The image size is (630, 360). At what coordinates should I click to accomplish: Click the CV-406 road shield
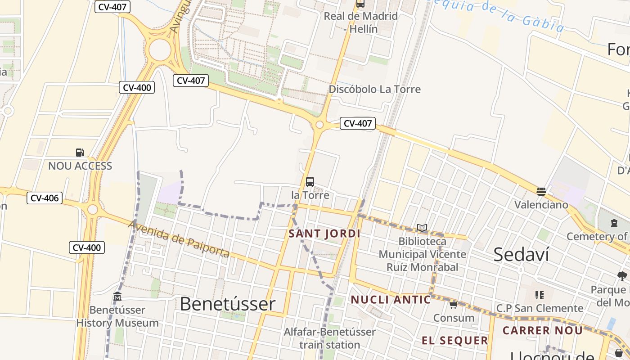point(44,198)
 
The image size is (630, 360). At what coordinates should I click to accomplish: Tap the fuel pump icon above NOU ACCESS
point(80,153)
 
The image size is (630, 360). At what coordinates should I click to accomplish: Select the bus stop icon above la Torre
point(310,182)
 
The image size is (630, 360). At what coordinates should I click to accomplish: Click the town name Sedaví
point(521,255)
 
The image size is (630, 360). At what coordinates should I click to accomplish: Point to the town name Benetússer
point(227,304)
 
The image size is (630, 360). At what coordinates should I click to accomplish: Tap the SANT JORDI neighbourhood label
point(324,234)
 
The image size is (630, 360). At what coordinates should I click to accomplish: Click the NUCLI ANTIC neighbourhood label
point(391,300)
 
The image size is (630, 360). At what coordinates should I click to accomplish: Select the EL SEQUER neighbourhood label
point(454,341)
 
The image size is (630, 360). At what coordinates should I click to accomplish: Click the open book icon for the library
point(422,228)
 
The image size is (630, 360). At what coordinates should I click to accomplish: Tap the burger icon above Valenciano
point(541,192)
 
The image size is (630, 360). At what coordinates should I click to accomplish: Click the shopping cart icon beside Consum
point(453,305)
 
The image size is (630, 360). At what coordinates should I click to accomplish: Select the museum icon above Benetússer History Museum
point(117,297)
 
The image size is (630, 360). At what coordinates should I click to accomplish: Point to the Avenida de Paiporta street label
point(179,239)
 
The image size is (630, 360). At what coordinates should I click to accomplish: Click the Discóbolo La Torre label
point(374,89)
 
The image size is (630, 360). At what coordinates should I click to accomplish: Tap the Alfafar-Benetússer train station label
point(329,338)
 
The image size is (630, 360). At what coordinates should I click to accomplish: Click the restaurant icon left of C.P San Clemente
point(540,295)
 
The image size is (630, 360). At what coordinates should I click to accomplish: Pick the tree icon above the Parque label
point(622,276)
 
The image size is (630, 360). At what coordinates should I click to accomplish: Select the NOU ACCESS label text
point(80,166)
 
